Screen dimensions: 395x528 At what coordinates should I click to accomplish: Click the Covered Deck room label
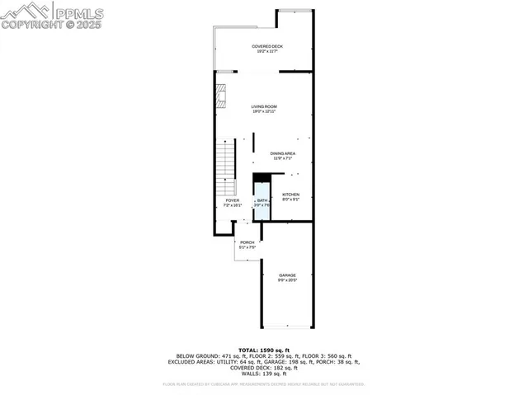[x=266, y=46]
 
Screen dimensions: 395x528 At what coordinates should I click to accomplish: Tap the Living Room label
[x=264, y=106]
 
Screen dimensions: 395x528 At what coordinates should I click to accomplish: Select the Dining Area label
[x=284, y=153]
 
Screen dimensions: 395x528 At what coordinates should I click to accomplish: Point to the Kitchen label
[x=290, y=195]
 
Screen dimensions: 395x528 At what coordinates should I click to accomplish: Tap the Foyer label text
[x=232, y=200]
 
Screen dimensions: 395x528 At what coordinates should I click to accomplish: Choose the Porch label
[x=247, y=242]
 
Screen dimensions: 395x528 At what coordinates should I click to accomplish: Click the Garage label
[x=286, y=275]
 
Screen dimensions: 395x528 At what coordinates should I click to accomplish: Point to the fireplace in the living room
[x=220, y=96]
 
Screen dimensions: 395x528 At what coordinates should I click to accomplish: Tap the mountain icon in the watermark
[x=26, y=12]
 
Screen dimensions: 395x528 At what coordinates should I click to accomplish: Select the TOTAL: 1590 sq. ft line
[x=264, y=350]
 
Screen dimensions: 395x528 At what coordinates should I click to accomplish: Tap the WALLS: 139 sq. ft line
[x=264, y=374]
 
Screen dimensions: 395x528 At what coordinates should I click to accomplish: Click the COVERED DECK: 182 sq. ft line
[x=264, y=368]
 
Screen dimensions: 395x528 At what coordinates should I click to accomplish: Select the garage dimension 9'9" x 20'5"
[x=286, y=280]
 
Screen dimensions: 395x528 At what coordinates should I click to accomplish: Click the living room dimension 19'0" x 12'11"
[x=264, y=111]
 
